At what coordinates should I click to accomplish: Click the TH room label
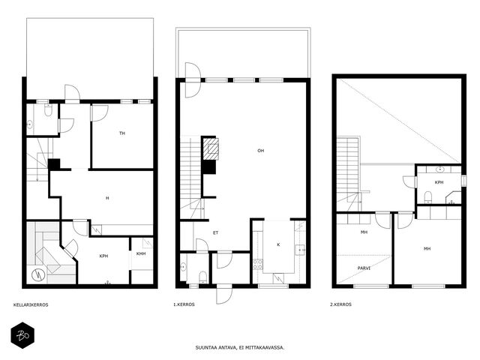[122, 133]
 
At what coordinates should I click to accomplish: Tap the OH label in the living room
[261, 151]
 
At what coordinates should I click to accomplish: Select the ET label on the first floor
[216, 233]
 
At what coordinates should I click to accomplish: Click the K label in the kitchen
[278, 244]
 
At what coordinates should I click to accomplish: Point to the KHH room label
[141, 253]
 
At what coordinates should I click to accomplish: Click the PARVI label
[364, 268]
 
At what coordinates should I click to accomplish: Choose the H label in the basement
[107, 198]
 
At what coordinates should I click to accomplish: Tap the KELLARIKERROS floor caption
[31, 305]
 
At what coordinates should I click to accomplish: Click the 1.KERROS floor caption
[184, 304]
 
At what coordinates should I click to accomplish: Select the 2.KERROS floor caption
[340, 304]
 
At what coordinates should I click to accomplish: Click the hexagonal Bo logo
[22, 335]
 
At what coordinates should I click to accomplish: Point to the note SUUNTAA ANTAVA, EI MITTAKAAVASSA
[240, 348]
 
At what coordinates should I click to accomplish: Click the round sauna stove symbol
[38, 275]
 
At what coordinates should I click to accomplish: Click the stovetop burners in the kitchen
[258, 264]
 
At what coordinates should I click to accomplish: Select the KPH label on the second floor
[439, 182]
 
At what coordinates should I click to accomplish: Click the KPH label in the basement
[103, 256]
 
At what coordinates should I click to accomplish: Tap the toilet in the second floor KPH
[428, 196]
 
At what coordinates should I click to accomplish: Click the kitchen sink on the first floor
[300, 250]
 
